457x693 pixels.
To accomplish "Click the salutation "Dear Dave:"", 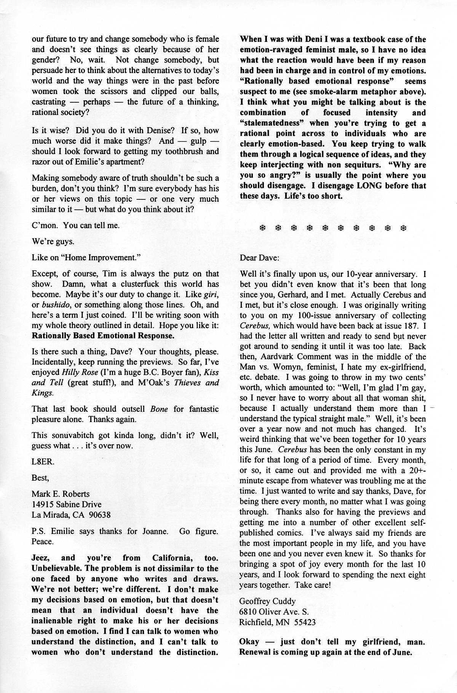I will [259, 258].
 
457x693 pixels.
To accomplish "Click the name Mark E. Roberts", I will [61, 494].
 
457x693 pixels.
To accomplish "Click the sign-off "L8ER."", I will [43, 462].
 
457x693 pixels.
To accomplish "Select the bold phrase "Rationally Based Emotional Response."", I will [103, 336].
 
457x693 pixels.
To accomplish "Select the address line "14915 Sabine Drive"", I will [67, 505].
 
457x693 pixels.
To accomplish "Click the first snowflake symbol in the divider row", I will [262, 228].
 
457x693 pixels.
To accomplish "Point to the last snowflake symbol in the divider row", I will [404, 228].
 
